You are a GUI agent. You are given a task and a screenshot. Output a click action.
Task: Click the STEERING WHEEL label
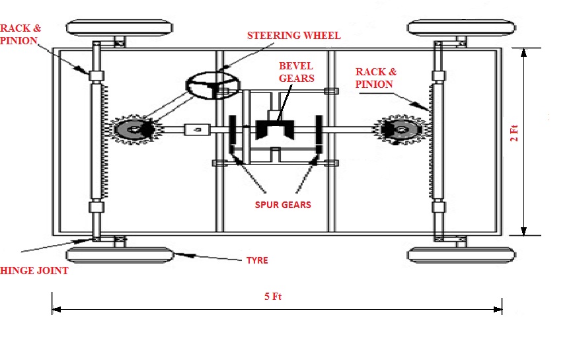pos(293,35)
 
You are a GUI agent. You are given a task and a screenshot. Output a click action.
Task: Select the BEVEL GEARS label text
pos(296,73)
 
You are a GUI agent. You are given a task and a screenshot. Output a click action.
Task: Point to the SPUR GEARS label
pos(283,204)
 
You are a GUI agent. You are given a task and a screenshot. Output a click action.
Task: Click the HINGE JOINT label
pos(34,270)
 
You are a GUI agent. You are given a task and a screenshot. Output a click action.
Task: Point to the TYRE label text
pos(256,260)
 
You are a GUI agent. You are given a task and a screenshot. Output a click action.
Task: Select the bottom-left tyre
pos(120,255)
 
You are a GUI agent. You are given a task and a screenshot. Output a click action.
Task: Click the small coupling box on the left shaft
pos(196,130)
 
